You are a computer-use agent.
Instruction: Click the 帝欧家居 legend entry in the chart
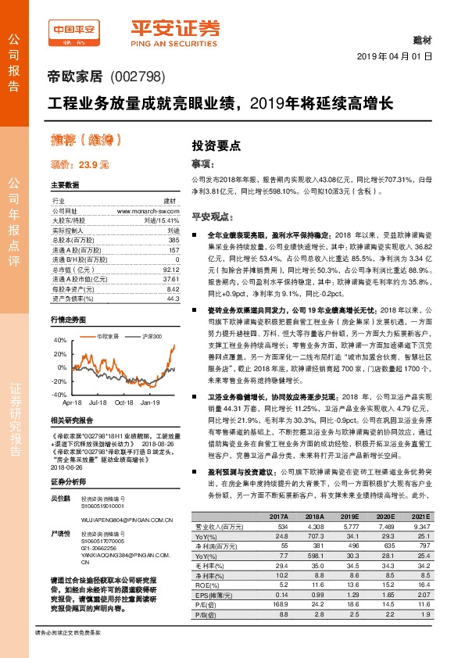coord(106,336)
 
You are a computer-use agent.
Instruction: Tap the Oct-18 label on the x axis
coord(124,402)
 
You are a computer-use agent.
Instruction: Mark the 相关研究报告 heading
coord(72,420)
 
